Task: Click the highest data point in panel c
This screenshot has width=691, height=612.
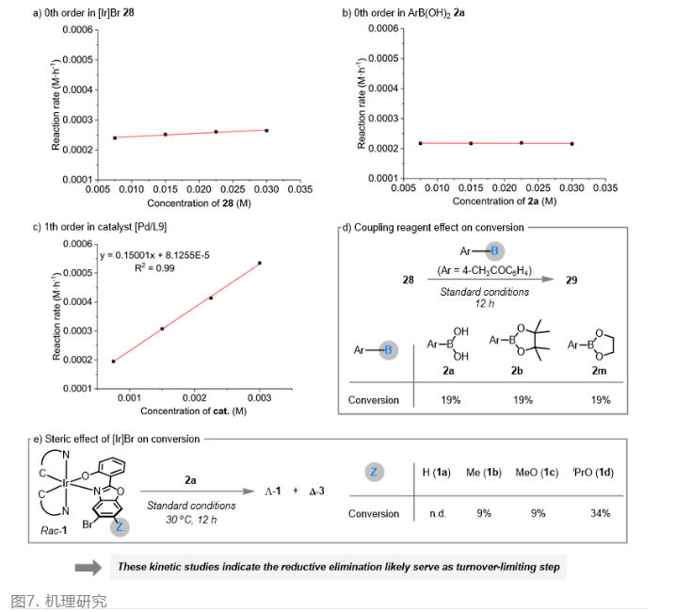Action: coord(260,264)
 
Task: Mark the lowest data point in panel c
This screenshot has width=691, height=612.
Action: coord(114,362)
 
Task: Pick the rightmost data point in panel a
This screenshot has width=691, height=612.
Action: coord(266,130)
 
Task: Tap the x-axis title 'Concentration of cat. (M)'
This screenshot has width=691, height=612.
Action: coord(195,411)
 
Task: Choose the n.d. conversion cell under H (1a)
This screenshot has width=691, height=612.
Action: coord(436,513)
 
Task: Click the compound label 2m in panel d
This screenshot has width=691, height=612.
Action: coord(598,374)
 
